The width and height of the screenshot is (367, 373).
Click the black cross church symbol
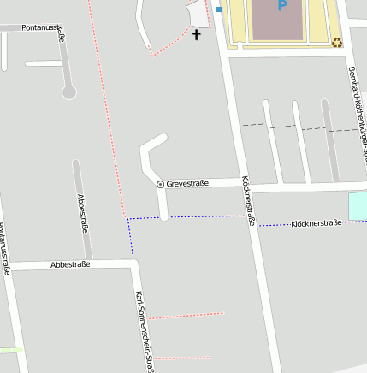tap(197, 35)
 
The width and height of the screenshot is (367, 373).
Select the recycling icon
tap(337, 42)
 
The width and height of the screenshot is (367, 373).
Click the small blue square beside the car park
tap(218, 9)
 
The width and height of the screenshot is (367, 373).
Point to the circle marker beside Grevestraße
tap(160, 184)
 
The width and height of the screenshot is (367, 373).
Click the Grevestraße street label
tap(187, 183)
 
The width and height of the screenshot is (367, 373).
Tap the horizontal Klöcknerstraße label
tap(316, 223)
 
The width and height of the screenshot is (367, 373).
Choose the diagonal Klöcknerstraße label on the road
tap(249, 201)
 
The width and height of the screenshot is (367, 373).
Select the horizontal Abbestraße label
tap(70, 265)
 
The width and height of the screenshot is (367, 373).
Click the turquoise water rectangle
tap(358, 205)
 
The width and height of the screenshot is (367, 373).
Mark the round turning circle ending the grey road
tap(68, 92)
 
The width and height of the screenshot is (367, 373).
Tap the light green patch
tap(10, 350)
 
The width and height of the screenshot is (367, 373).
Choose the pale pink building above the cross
tap(198, 13)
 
